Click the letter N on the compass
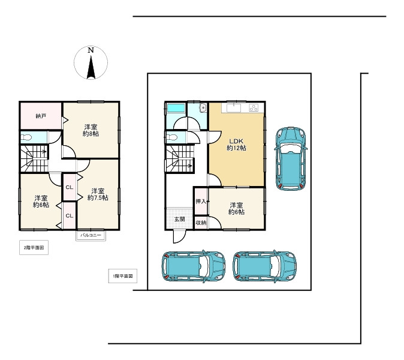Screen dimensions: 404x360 tap(91, 50)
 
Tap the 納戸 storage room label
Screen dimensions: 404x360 tap(41, 116)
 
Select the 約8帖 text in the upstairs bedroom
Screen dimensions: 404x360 tap(91, 134)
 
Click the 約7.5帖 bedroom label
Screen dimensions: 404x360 tap(98, 198)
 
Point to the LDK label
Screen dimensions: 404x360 tap(236, 142)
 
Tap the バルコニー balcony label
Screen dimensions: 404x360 tap(91, 235)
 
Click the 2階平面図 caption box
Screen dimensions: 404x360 tap(34, 248)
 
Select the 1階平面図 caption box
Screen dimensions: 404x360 tap(123, 276)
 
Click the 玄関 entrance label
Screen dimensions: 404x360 tap(180, 220)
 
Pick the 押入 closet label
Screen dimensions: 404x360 tap(201, 202)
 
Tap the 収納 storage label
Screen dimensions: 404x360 tap(201, 223)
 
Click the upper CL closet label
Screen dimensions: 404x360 tap(70, 187)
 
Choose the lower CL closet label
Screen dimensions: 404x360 tap(70, 215)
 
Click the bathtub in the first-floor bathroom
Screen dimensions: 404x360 tap(176, 108)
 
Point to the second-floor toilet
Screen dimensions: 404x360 tap(26, 137)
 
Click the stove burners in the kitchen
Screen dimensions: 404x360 tap(254, 107)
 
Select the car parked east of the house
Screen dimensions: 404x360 tap(291, 158)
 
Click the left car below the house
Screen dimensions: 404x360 tap(194, 266)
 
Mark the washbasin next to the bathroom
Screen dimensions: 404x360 tap(203, 108)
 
